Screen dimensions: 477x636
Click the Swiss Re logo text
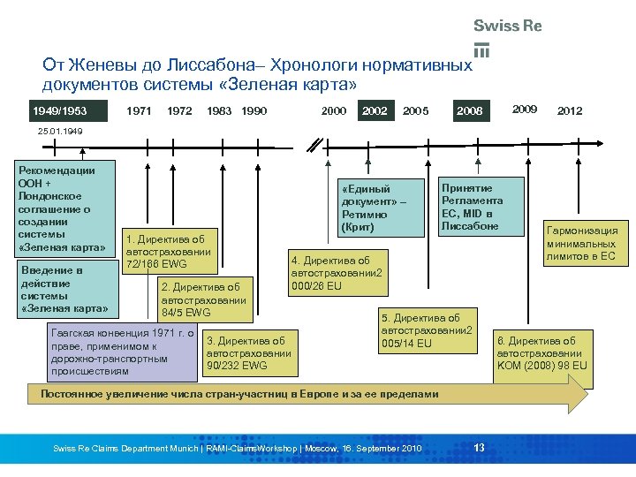pyautogui.click(x=507, y=26)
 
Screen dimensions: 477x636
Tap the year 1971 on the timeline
pyautogui.click(x=139, y=111)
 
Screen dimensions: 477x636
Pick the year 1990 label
pyautogui.click(x=254, y=111)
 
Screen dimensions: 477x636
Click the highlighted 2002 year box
pyautogui.click(x=375, y=111)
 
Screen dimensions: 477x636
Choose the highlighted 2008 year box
pyautogui.click(x=470, y=111)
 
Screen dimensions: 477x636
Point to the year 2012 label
pyautogui.click(x=570, y=111)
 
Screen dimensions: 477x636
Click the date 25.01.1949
pyautogui.click(x=60, y=132)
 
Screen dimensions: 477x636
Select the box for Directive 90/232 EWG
pyautogui.click(x=247, y=352)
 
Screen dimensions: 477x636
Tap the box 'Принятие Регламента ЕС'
pyautogui.click(x=481, y=207)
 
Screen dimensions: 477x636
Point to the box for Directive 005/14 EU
pyautogui.click(x=427, y=330)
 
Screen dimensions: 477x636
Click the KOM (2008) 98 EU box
pyautogui.click(x=541, y=352)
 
